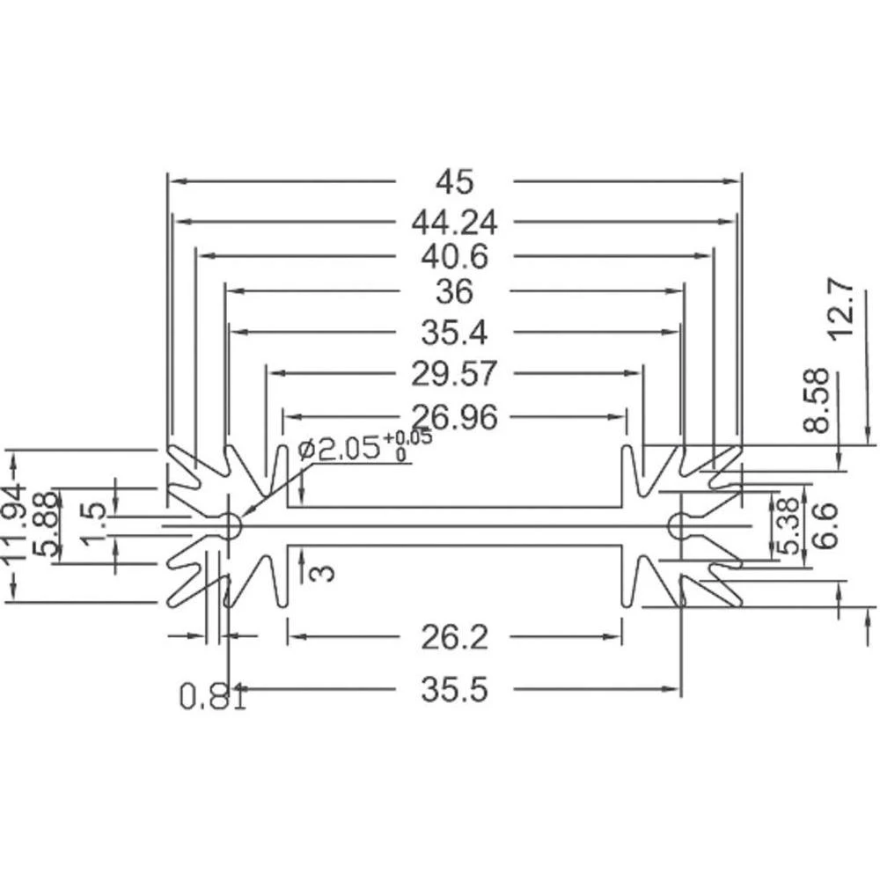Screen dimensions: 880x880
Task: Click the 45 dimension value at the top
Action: click(x=454, y=181)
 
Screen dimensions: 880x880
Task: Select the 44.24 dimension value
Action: click(x=454, y=223)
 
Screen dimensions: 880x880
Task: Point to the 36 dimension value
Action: click(x=454, y=290)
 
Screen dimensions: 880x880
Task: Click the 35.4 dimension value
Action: click(x=454, y=332)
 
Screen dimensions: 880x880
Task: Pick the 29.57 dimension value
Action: click(x=454, y=374)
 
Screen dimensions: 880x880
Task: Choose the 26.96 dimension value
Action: click(x=454, y=415)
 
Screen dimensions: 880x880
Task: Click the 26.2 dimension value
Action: click(x=454, y=635)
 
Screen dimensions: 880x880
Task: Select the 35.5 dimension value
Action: click(x=454, y=689)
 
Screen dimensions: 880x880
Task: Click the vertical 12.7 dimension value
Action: click(x=840, y=309)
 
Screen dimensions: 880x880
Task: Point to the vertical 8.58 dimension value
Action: click(x=816, y=400)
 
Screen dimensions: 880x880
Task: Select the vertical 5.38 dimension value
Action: click(x=789, y=526)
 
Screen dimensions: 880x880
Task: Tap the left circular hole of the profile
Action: click(x=230, y=526)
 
